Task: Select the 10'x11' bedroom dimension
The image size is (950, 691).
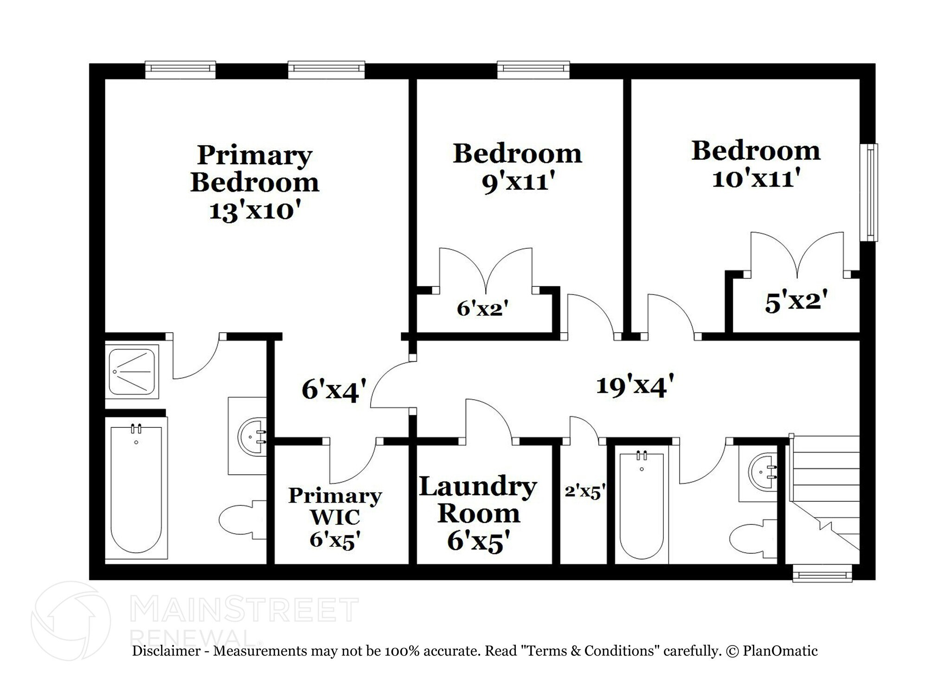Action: pos(756,178)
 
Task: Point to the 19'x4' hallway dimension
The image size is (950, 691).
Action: pos(635,386)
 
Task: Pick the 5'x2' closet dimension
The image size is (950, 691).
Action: pos(796,302)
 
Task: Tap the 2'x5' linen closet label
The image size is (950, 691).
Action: pos(584,491)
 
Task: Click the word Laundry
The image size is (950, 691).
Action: pos(478,487)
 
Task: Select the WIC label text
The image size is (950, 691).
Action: pos(335,517)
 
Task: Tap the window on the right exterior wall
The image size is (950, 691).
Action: pos(869,193)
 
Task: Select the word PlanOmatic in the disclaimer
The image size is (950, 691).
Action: pos(780,651)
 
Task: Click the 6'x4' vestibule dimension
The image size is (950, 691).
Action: pos(334,389)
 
